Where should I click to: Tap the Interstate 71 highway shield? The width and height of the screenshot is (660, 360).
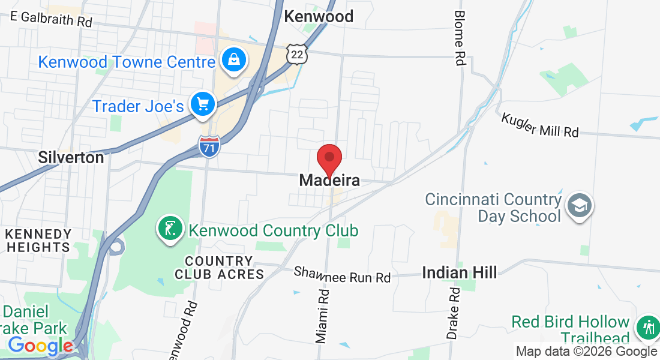[x=209, y=146]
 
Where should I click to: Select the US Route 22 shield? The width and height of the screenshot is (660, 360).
[x=297, y=54]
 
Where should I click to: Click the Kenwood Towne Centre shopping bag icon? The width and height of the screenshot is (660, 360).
[x=231, y=60]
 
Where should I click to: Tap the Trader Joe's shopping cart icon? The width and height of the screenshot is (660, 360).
[x=203, y=104]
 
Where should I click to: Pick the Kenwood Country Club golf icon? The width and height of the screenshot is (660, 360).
[x=170, y=229]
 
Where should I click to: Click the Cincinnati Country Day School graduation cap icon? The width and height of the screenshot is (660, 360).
[x=580, y=206]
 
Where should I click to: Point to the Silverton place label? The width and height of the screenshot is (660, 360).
[x=71, y=157]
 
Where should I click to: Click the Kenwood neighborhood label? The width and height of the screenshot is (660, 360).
[x=319, y=16]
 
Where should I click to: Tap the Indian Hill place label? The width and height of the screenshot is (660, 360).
[x=460, y=272]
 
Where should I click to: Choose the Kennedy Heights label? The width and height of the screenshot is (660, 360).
[x=38, y=240]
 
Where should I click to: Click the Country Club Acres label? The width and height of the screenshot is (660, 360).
[x=219, y=268]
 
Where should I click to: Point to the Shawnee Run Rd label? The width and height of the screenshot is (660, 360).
[x=342, y=275]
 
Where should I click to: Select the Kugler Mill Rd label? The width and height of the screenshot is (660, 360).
[x=540, y=124]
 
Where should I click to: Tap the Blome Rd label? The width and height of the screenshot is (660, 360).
[x=460, y=37]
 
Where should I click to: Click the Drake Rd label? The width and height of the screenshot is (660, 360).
[x=454, y=313]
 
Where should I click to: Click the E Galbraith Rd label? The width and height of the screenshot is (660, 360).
[x=52, y=18]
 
